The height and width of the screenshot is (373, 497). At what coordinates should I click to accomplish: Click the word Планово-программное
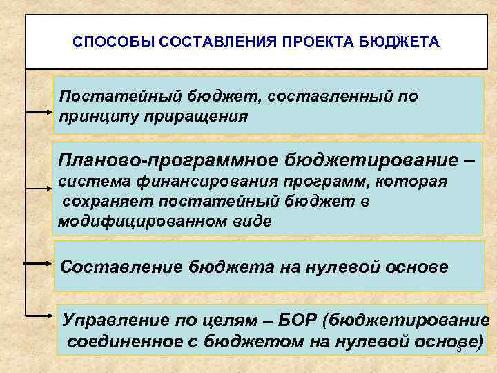tap(168, 161)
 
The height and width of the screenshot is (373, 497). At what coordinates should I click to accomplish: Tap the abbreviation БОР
tap(298, 320)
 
